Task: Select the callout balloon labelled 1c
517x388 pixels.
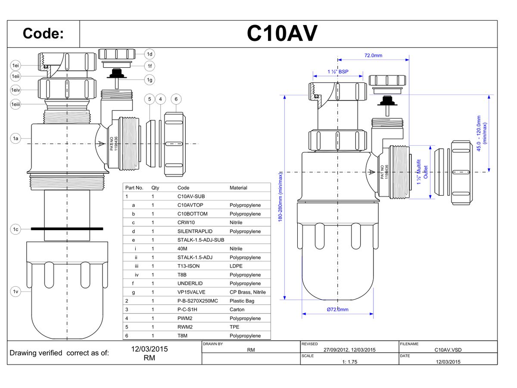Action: [16, 229]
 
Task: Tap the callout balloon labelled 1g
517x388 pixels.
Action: [149, 79]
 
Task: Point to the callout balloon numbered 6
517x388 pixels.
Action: [176, 99]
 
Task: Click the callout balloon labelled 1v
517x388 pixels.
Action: [16, 291]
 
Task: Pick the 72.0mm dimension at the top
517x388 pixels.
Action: [373, 55]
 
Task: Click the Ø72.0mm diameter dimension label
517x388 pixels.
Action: [337, 309]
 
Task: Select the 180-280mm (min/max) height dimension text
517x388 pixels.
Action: [280, 197]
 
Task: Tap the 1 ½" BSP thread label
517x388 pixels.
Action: [338, 72]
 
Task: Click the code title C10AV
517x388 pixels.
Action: [282, 34]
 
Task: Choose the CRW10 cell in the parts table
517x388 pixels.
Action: [186, 222]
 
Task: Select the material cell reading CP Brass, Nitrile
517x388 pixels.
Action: [247, 292]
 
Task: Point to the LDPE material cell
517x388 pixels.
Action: [236, 266]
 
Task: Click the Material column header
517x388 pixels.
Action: [238, 188]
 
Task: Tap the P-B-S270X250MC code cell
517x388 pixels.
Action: [198, 301]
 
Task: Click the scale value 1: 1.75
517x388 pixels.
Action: [350, 362]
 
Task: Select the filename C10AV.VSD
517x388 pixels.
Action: [448, 350]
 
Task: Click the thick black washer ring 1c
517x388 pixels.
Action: [67, 228]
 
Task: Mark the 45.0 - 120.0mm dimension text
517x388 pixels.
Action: [481, 130]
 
